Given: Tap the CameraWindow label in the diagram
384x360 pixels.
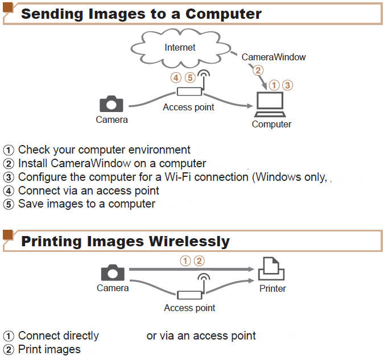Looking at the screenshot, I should click(274, 57).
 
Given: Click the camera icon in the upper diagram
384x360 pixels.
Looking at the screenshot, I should click(112, 104).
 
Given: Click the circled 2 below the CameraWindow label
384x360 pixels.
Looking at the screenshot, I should click(258, 71).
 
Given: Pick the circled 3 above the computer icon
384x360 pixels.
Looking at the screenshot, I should click(287, 85).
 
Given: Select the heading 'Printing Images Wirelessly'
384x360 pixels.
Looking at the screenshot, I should click(125, 241).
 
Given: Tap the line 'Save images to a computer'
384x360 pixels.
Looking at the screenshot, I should click(86, 204).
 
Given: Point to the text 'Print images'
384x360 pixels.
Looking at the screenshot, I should click(49, 349).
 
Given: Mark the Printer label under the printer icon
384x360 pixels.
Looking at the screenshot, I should click(272, 288).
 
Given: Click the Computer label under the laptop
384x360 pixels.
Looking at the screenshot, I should click(271, 124).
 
